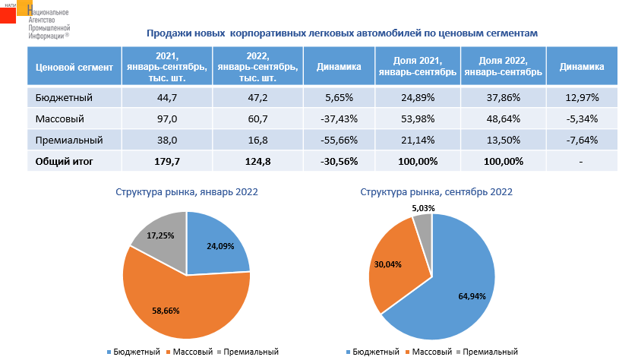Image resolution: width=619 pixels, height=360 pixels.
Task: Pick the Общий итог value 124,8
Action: pyautogui.click(x=258, y=161)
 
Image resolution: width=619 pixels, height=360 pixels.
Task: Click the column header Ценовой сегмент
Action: pyautogui.click(x=74, y=67)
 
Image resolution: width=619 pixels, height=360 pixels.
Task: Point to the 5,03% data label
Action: pyautogui.click(x=423, y=208)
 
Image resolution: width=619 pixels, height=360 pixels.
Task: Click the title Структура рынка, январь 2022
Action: pyautogui.click(x=186, y=192)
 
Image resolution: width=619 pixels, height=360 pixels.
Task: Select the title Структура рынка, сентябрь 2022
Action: pyautogui.click(x=436, y=192)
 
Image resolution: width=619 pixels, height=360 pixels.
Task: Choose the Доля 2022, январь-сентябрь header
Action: pyautogui.click(x=502, y=67)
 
